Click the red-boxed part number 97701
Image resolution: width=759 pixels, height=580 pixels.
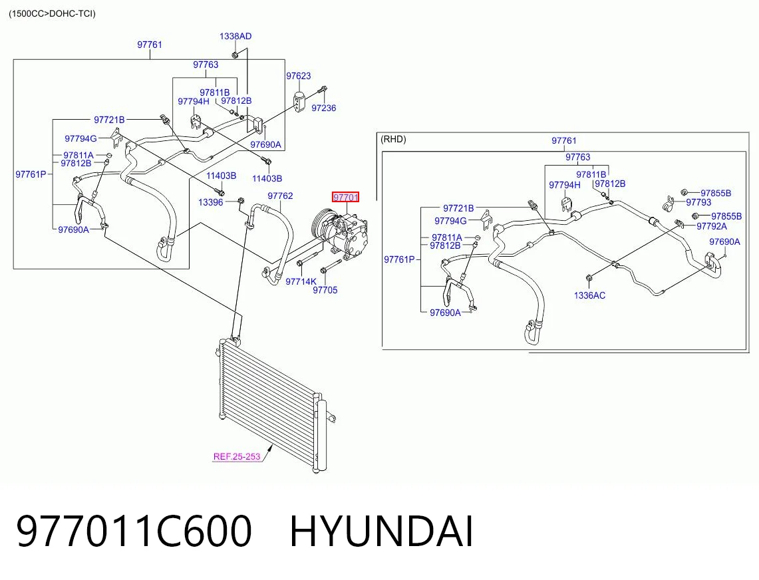(346, 197)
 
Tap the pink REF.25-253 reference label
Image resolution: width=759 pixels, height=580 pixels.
(237, 456)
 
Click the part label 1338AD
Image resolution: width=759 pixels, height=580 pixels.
(235, 37)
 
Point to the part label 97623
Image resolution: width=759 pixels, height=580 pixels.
(298, 76)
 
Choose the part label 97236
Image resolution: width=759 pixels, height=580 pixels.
(323, 108)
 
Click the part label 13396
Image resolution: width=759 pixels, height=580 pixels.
(211, 202)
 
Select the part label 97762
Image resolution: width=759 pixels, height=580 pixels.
(280, 196)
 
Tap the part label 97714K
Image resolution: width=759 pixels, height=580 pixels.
(301, 281)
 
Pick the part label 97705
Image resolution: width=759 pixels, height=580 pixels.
(325, 290)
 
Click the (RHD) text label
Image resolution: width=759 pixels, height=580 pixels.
(393, 140)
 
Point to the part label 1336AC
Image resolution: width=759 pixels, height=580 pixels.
(589, 295)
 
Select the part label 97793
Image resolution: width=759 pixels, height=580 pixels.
(698, 202)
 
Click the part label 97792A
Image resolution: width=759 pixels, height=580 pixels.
(712, 226)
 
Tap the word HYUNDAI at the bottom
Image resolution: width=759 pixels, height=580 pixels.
(381, 531)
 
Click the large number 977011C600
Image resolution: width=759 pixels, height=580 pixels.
(134, 531)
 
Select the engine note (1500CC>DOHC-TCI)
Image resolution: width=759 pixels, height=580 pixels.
(53, 13)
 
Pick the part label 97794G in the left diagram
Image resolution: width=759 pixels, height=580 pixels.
(81, 138)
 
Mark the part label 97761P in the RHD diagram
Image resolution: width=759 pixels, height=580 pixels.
(399, 259)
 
